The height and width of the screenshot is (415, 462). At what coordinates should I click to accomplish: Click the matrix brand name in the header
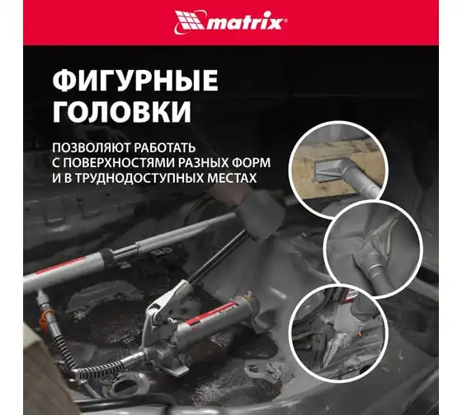pyautogui.click(x=246, y=23)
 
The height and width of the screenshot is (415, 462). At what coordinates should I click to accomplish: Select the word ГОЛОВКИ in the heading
pyautogui.click(x=122, y=112)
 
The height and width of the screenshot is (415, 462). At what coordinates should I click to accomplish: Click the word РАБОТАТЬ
pyautogui.click(x=165, y=147)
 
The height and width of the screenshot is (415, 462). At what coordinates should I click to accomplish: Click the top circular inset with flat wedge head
pyautogui.click(x=338, y=169)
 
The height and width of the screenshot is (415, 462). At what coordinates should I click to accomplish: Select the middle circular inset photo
pyautogui.click(x=373, y=250)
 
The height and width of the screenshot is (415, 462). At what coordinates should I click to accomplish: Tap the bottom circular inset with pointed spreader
pyautogui.click(x=338, y=333)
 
